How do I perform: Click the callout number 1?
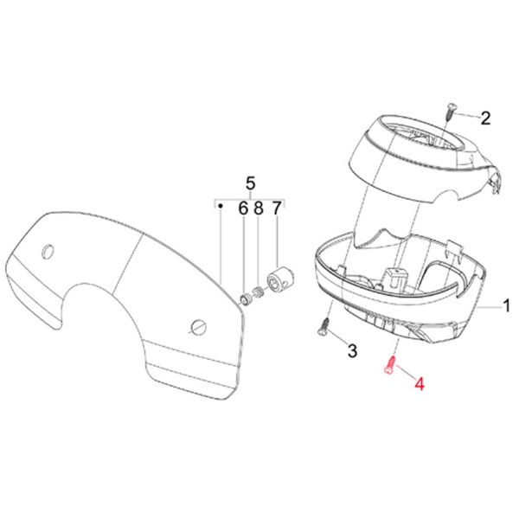click(507, 306)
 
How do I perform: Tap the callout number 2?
click(485, 118)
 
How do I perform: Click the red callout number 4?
click(420, 381)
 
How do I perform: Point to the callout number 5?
click(251, 183)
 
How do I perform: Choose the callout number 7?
click(277, 208)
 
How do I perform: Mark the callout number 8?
click(259, 208)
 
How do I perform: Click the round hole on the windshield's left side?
click(47, 252)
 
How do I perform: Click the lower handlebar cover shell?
click(394, 298)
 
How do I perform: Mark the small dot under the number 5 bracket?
click(221, 206)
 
